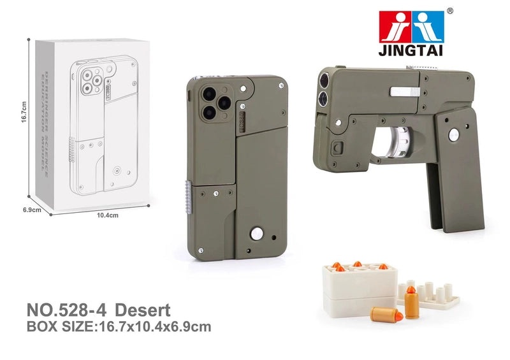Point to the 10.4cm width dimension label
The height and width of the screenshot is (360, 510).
click(x=107, y=215)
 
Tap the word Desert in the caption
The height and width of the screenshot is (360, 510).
click(x=144, y=312)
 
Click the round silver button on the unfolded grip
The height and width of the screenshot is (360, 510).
click(x=454, y=134)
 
